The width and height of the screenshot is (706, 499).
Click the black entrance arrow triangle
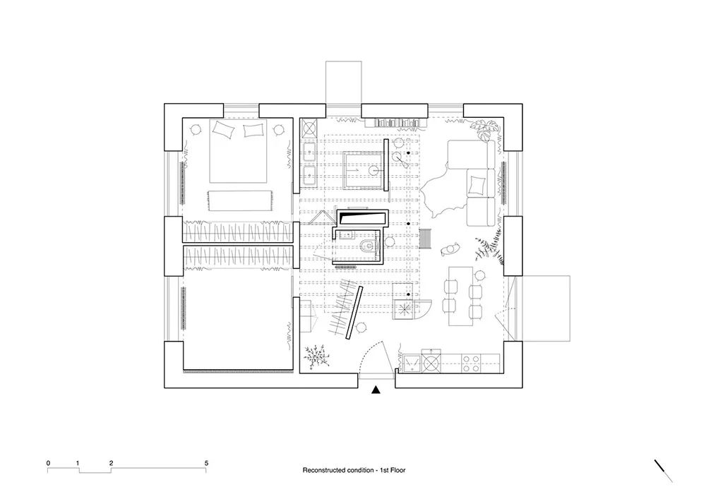click(x=376, y=390)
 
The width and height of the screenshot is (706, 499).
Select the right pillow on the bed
click(x=253, y=130)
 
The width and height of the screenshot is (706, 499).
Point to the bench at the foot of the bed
click(x=239, y=200)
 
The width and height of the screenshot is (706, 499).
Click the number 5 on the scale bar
click(x=206, y=463)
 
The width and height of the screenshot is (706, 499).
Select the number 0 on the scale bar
click(x=48, y=463)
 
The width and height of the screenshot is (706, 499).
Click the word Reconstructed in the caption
click(x=324, y=469)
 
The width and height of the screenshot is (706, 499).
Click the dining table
click(x=461, y=294)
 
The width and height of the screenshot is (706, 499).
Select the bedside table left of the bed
click(x=196, y=129)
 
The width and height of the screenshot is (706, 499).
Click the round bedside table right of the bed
click(x=280, y=129)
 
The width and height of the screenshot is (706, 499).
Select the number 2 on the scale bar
click(x=112, y=463)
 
